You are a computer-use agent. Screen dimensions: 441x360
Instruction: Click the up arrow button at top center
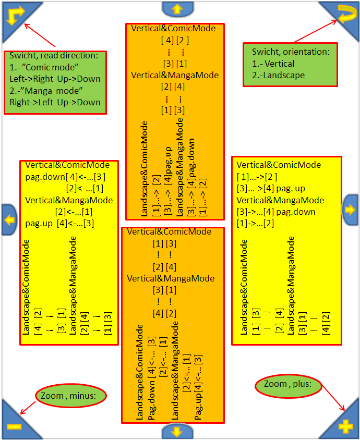tap(176, 8)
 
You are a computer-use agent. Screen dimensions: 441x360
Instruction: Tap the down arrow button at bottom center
tap(176, 432)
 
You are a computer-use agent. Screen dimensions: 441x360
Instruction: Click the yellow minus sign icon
tap(14, 426)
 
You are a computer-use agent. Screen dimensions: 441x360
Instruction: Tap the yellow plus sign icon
tap(345, 426)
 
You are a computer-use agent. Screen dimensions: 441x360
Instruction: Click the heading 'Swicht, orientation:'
tap(291, 52)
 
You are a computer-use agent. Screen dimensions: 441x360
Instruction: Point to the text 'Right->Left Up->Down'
tap(55, 102)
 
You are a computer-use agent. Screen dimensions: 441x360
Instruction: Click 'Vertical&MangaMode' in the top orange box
tap(175, 75)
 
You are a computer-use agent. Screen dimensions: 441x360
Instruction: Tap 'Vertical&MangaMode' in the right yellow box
tap(280, 200)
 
